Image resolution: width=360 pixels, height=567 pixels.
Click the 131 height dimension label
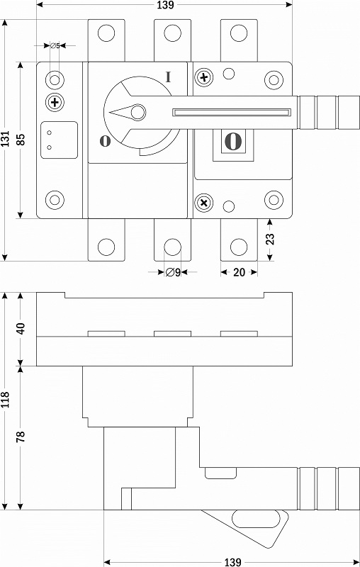(6, 139)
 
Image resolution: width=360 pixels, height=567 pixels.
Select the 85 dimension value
(21, 140)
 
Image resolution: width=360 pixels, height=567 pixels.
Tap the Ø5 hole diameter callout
(55, 46)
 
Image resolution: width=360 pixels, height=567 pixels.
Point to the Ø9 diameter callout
(173, 272)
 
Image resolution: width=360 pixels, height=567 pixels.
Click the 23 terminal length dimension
(270, 239)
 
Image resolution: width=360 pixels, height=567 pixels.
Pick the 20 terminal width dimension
(239, 272)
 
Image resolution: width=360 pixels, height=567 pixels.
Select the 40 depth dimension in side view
(21, 328)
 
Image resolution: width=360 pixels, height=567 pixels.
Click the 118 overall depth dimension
(6, 399)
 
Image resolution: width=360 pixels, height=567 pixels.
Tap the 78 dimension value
(21, 437)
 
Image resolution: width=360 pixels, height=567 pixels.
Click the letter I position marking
(168, 77)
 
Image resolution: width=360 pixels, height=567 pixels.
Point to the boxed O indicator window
(233, 141)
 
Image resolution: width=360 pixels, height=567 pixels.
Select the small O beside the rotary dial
(105, 141)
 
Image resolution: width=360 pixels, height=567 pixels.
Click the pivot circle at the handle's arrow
(137, 113)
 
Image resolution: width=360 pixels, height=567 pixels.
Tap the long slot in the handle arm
(232, 113)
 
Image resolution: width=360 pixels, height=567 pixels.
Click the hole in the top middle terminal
(172, 33)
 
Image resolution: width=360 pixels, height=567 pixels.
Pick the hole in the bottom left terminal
(106, 247)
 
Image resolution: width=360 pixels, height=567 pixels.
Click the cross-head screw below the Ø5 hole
(55, 102)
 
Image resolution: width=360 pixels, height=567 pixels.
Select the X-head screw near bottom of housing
(204, 203)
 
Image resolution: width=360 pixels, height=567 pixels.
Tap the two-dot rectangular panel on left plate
(60, 140)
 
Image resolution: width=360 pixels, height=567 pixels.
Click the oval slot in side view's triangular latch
(256, 519)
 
